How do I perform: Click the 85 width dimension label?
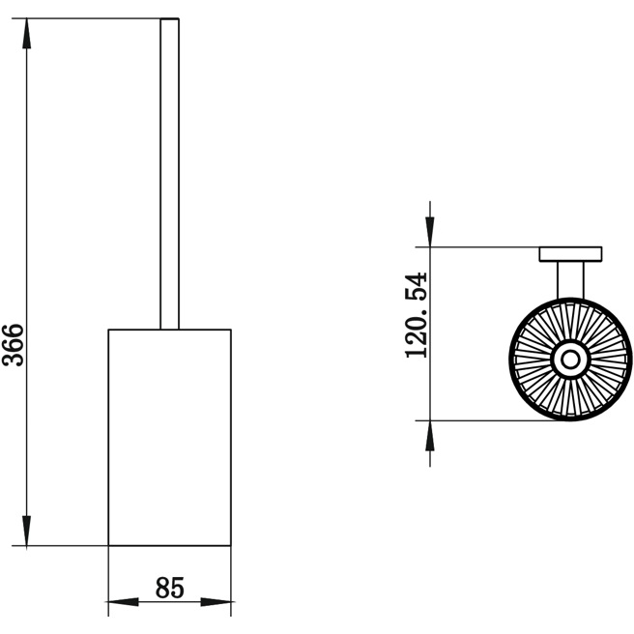point(169,587)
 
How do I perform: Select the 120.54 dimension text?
point(416,315)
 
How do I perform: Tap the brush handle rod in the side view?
point(170,174)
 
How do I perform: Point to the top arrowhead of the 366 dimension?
point(27,34)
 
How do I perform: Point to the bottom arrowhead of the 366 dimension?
point(27,531)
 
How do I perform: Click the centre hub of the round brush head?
point(569,360)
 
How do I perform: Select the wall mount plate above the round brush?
point(569,254)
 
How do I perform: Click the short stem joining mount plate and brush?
point(569,280)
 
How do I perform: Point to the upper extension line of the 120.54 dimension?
point(483,247)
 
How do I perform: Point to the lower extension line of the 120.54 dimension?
point(483,420)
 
